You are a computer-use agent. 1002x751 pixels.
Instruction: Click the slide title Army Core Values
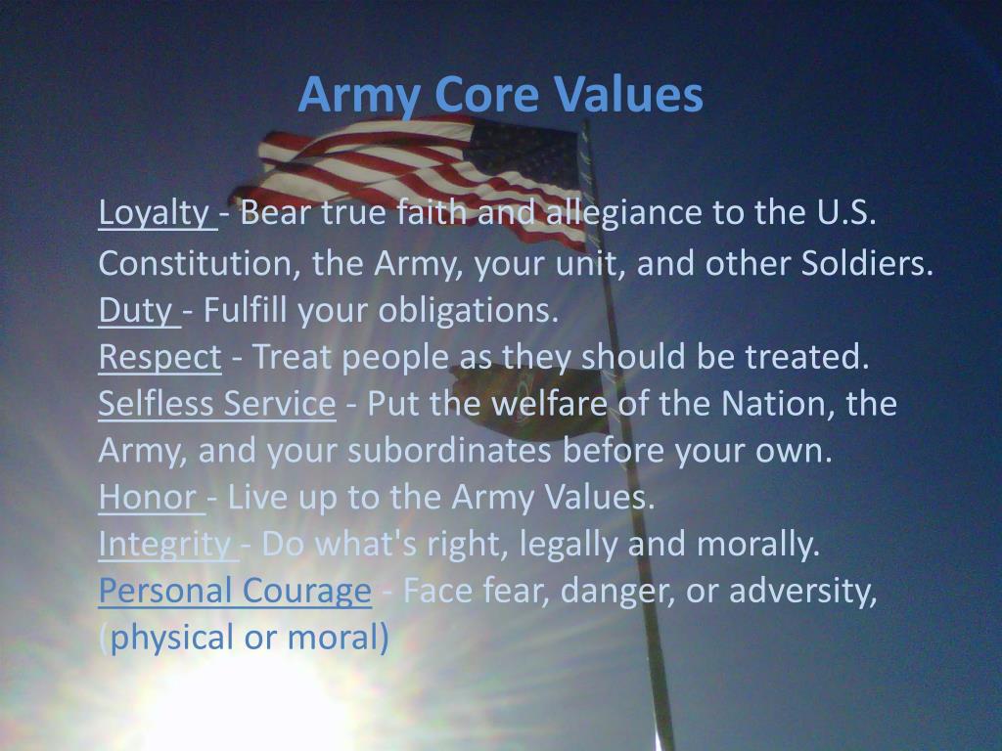[x=500, y=95]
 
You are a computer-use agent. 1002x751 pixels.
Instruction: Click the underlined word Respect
[x=159, y=358]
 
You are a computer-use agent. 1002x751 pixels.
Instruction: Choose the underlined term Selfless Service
[x=216, y=404]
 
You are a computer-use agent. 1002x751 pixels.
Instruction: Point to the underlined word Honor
[x=148, y=498]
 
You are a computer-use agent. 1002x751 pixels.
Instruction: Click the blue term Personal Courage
[x=235, y=592]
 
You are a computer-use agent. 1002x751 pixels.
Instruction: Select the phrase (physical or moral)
[x=244, y=639]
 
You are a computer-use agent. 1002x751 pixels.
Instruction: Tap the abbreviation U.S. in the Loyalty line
[x=844, y=212]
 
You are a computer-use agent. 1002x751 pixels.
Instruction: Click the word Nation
[x=777, y=404]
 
